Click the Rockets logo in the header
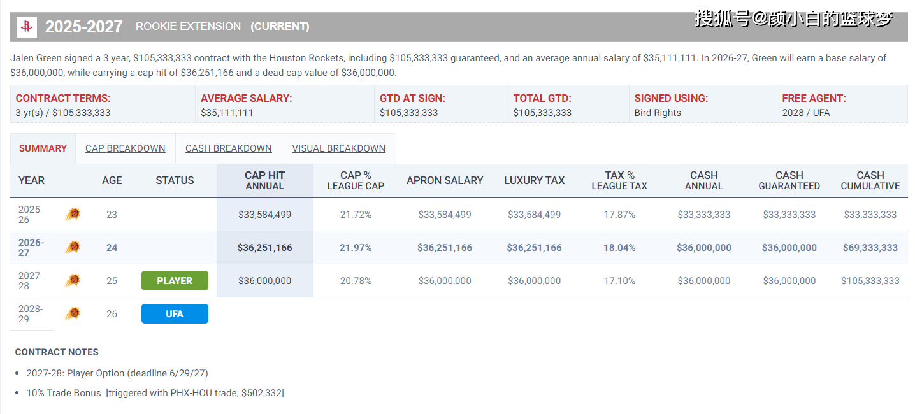click(x=27, y=27)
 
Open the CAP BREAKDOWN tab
click(x=126, y=148)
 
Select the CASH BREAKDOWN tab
click(x=228, y=148)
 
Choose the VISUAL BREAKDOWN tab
click(x=338, y=148)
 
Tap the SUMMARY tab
click(x=43, y=148)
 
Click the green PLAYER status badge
click(x=175, y=280)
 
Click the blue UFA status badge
click(x=175, y=313)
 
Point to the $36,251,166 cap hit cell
click(x=264, y=247)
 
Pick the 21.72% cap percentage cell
click(x=356, y=215)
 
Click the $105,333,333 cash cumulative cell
click(x=870, y=280)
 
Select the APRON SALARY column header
click(x=445, y=180)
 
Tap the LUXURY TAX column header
click(x=535, y=180)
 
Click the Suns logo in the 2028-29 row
click(x=73, y=313)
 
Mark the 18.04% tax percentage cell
click(x=620, y=247)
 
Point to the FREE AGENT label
click(x=814, y=98)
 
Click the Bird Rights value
click(x=658, y=113)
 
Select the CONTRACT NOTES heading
click(x=57, y=352)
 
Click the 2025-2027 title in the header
click(x=83, y=27)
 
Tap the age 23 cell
click(x=112, y=215)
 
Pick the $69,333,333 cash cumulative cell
click(x=870, y=247)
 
